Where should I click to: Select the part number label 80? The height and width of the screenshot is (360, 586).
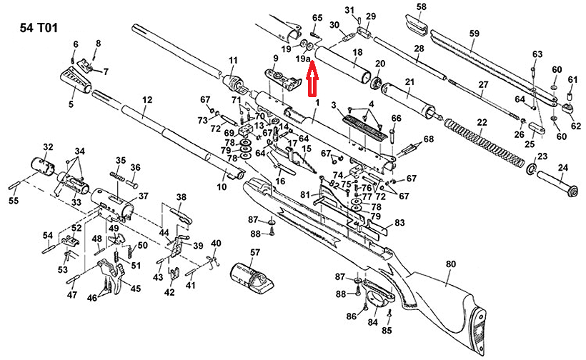pos(450,264)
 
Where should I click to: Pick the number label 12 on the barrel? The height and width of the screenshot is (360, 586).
pos(148,101)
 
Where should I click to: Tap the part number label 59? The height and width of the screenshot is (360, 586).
pos(474,34)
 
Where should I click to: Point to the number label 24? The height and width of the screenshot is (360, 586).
pos(562,169)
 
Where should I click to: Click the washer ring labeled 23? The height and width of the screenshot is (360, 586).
pos(532,169)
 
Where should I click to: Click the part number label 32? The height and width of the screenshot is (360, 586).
pos(48,147)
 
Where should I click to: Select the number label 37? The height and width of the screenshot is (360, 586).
pos(143,196)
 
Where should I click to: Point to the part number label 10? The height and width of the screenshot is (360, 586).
pos(222,187)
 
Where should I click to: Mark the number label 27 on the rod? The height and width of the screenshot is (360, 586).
pos(483,85)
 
